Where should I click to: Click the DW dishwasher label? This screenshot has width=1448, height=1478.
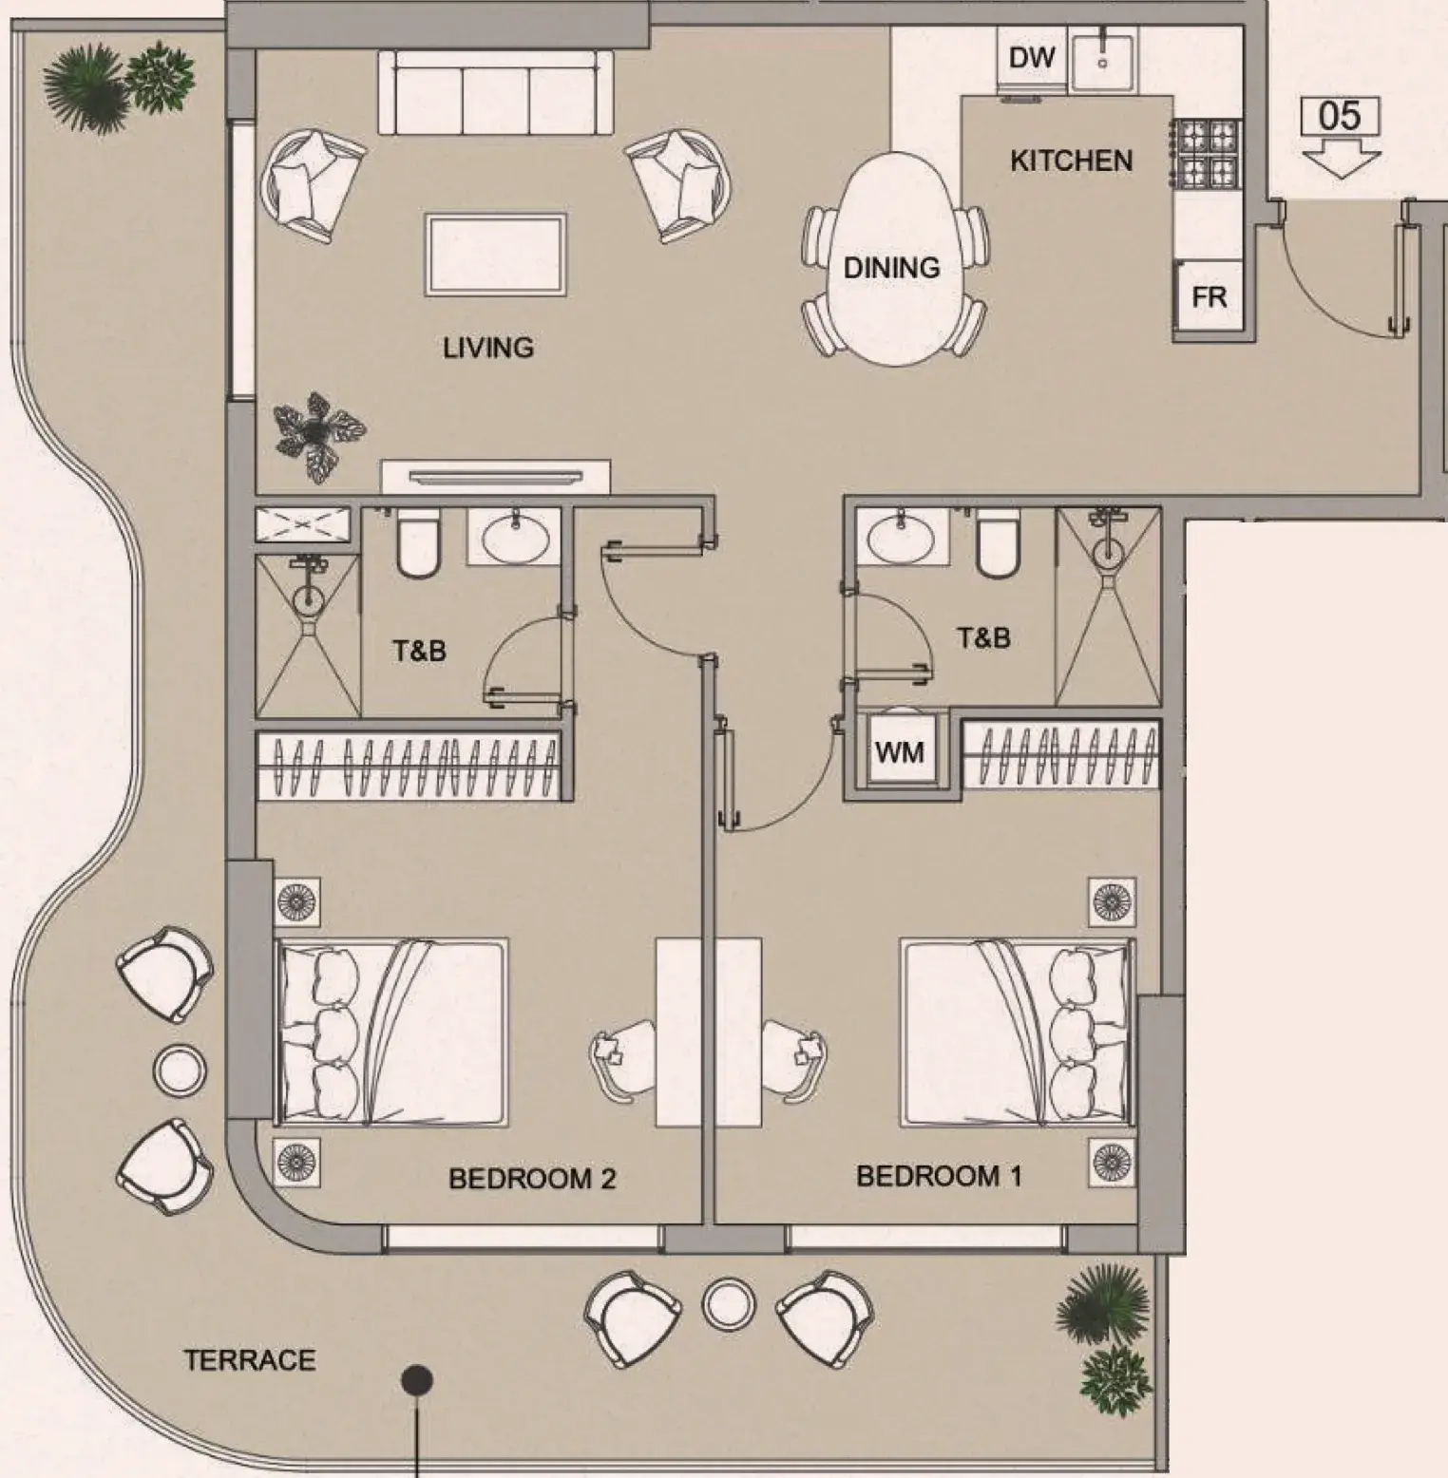(1032, 58)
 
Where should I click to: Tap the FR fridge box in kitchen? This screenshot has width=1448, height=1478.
(1209, 297)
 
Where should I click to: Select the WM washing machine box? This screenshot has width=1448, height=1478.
(899, 751)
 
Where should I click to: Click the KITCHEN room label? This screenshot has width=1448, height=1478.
(1071, 161)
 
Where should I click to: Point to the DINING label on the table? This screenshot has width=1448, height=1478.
(891, 268)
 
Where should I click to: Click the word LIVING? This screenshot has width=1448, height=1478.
(488, 348)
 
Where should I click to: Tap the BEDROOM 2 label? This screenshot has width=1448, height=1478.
(532, 1179)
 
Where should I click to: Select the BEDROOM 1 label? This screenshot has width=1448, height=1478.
(939, 1176)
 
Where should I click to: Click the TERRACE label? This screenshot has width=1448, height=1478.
(250, 1360)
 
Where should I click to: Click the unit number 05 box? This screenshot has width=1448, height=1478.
(1340, 116)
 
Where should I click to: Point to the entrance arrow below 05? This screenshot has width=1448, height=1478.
(1340, 157)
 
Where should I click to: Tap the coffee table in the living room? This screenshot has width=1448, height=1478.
(496, 254)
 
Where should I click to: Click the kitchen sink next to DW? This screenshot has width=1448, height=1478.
(1102, 59)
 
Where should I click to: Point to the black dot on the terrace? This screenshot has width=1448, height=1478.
(417, 1379)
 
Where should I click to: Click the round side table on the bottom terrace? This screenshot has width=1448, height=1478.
(729, 1303)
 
